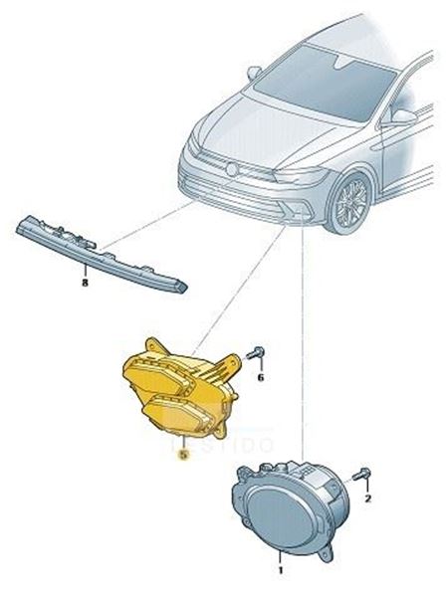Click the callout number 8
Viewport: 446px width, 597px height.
85,282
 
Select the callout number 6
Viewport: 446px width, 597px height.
261,378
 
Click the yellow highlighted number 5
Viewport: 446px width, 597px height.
182,453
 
